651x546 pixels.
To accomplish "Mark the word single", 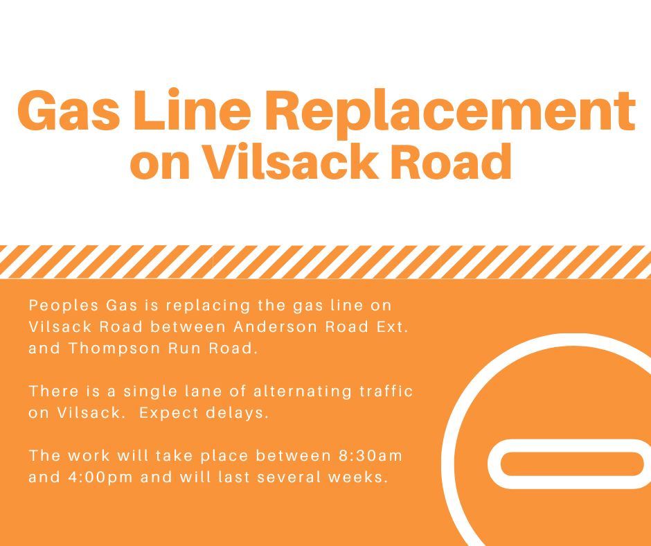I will [x=145, y=391].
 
